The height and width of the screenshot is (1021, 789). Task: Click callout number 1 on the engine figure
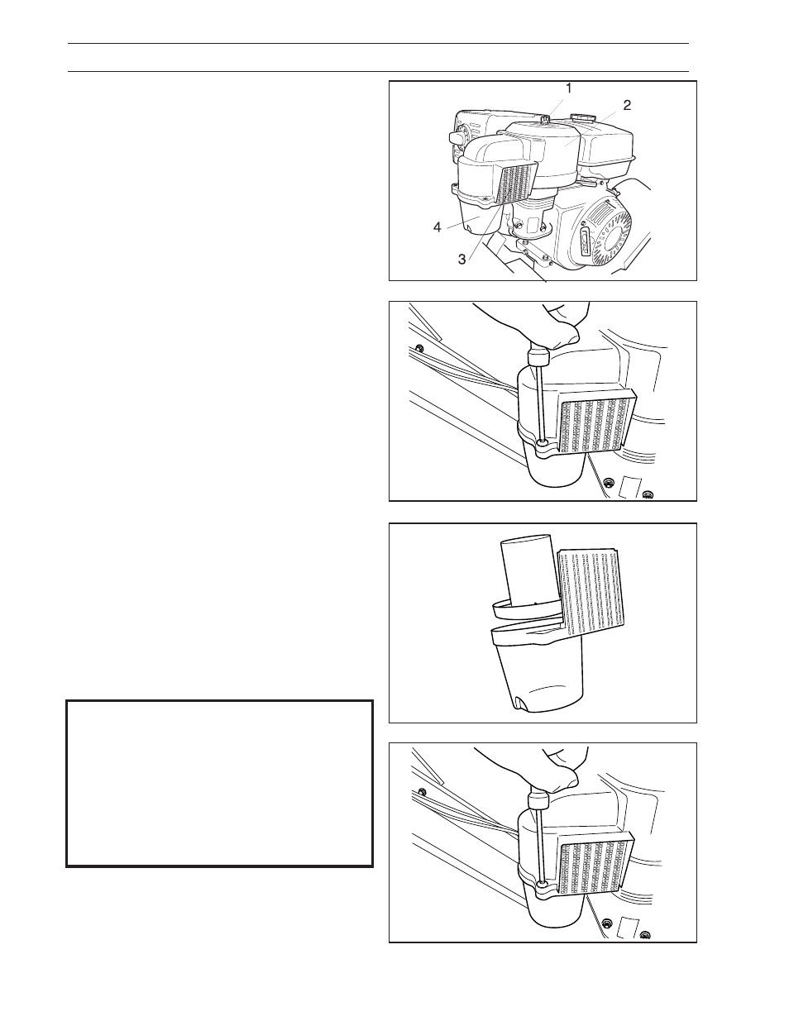click(x=569, y=88)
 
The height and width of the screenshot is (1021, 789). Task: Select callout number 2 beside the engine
click(x=627, y=105)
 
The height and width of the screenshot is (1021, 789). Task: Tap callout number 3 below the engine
click(x=462, y=259)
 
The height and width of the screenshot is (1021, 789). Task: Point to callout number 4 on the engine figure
click(x=437, y=227)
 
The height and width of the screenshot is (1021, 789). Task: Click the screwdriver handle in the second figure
click(x=539, y=356)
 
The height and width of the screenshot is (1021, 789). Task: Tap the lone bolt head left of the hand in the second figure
click(x=420, y=348)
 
